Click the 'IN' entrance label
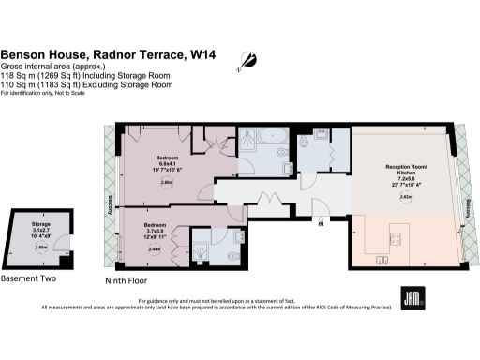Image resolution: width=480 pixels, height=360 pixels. pyautogui.click(x=321, y=224)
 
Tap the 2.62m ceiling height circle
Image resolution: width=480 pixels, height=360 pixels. pyautogui.click(x=406, y=197)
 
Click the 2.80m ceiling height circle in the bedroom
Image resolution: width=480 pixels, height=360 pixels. pyautogui.click(x=167, y=184)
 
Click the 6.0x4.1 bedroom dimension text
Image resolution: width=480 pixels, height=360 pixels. pyautogui.click(x=167, y=163)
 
